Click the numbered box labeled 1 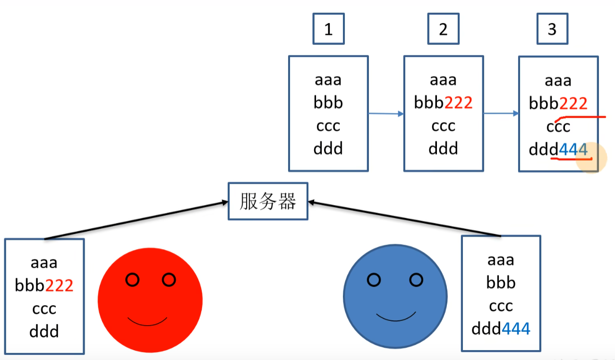pyautogui.click(x=328, y=29)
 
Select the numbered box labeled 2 pyautogui.click(x=443, y=29)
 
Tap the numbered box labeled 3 pyautogui.click(x=552, y=29)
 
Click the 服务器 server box pyautogui.click(x=268, y=202)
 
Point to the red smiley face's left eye pyautogui.click(x=133, y=280)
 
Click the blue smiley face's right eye pyautogui.click(x=416, y=280)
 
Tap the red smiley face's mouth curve pyautogui.click(x=147, y=322)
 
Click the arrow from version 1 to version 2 pyautogui.click(x=385, y=114)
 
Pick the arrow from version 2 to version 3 pyautogui.click(x=501, y=114)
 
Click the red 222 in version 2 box pyautogui.click(x=458, y=103)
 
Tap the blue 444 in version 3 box pyautogui.click(x=573, y=150)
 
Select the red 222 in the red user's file pyautogui.click(x=59, y=285)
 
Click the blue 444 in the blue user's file pyautogui.click(x=516, y=329)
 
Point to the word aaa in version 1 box pyautogui.click(x=328, y=80)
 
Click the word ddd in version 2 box pyautogui.click(x=443, y=149)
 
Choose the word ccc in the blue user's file pyautogui.click(x=501, y=306)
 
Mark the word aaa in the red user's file pyautogui.click(x=44, y=262)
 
